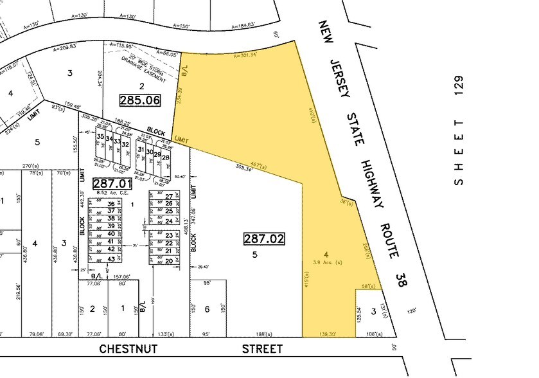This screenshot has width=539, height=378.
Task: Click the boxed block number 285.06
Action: (x=140, y=100)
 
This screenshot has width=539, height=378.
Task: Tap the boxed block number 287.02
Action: (x=263, y=239)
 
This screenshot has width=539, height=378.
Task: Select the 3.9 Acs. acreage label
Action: (x=333, y=264)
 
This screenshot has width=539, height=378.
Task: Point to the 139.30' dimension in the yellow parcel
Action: (x=327, y=334)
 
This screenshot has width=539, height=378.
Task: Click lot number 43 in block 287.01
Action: (x=110, y=258)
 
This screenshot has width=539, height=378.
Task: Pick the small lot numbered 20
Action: (x=169, y=260)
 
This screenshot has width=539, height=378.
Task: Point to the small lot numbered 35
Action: (x=100, y=137)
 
